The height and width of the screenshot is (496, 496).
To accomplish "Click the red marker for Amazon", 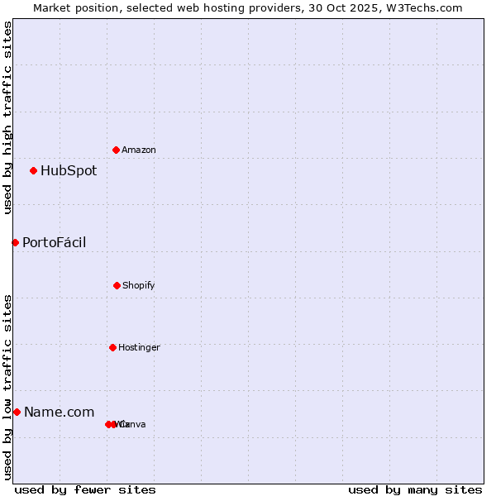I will point(116,150).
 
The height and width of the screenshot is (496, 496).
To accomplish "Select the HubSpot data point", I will point(33,171).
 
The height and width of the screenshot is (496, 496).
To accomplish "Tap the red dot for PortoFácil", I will point(15,242).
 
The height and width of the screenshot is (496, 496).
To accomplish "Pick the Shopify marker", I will point(117,285).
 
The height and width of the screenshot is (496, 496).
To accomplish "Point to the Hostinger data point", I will point(112,347).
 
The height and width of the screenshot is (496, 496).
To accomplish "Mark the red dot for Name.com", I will point(17,412).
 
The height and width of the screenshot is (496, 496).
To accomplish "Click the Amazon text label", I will point(139,150).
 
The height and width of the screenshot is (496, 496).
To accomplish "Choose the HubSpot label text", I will point(69,171).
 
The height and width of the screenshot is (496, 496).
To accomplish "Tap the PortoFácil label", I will point(54,242).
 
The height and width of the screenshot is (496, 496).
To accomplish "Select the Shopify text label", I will point(139,285).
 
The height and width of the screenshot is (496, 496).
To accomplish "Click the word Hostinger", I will point(139,347).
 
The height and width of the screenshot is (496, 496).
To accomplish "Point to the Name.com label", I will point(59,412).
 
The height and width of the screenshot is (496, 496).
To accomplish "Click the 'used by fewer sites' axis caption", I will point(85,489).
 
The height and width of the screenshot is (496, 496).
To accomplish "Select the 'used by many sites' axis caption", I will point(415,489).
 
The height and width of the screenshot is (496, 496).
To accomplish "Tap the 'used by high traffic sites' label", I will point(7,117).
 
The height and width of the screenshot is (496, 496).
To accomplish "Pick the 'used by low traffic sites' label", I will point(7,387).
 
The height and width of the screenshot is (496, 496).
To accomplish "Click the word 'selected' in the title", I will point(150,7).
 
